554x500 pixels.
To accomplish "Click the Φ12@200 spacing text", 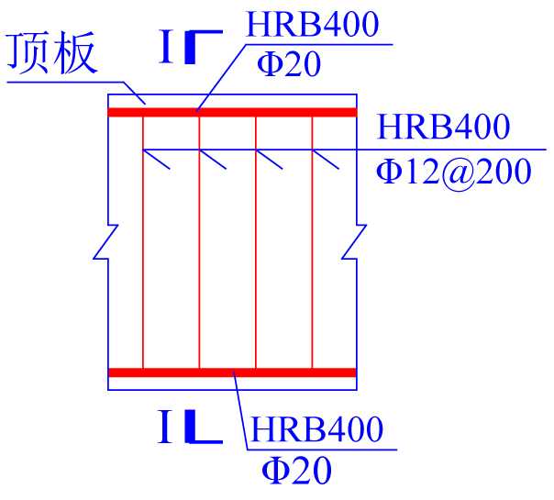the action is click(x=454, y=172).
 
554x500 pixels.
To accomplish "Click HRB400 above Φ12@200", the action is click(x=443, y=127).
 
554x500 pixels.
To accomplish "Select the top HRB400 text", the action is click(x=312, y=25).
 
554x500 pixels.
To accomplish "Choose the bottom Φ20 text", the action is click(x=295, y=471).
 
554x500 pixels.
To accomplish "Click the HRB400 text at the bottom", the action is click(x=316, y=429).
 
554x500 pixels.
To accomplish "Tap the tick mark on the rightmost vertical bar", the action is click(x=327, y=160).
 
